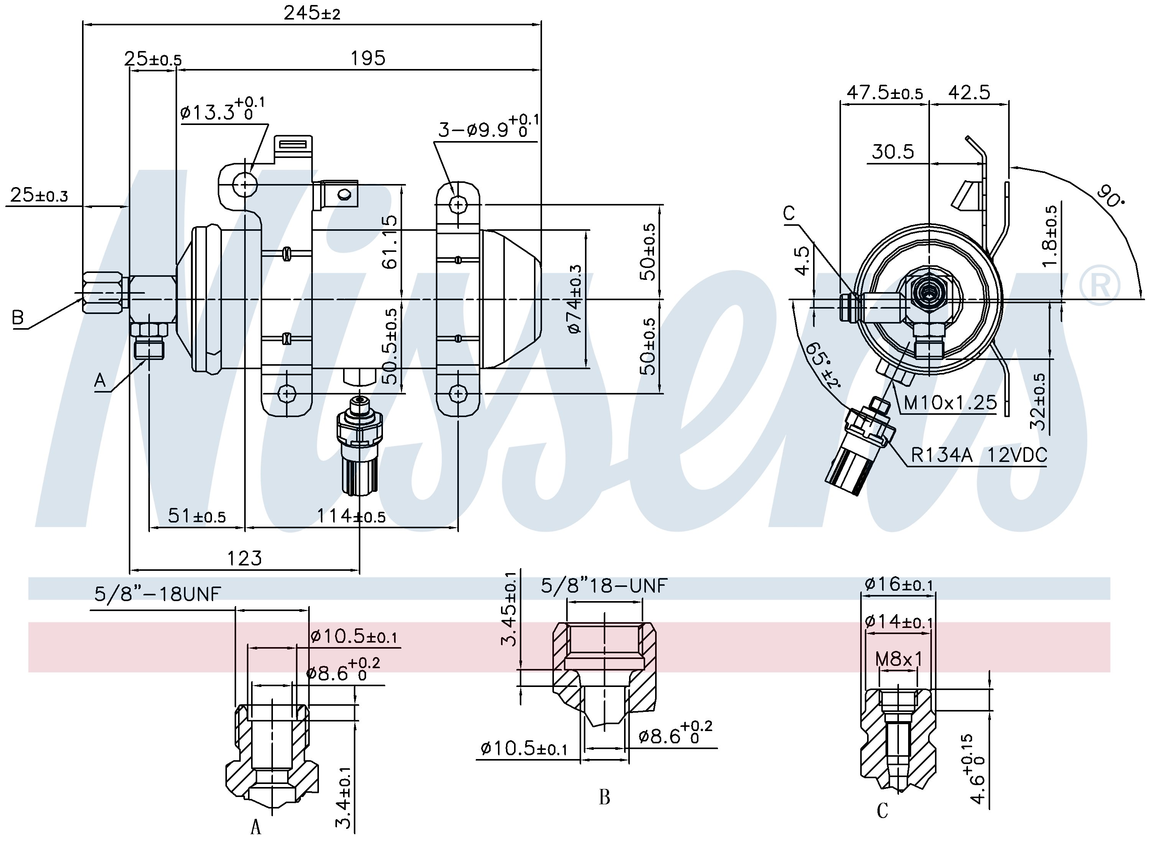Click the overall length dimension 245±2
pos(312,13)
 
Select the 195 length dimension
pos(367,58)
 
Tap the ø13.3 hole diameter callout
pos(222,111)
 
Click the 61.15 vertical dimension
pos(389,242)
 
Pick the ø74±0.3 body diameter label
pos(575,299)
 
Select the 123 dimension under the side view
pos(245,558)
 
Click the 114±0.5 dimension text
pos(351,516)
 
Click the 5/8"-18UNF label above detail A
pos(157,594)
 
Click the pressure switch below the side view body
pos(359,444)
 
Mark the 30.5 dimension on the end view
pos(892,151)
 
